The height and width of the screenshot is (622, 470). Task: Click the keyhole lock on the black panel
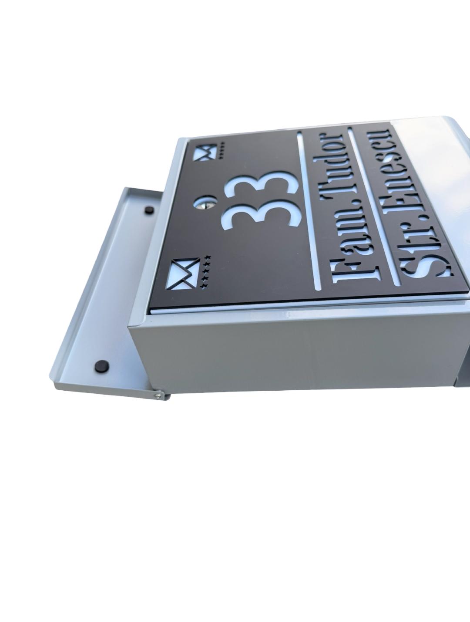pos(205,202)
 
